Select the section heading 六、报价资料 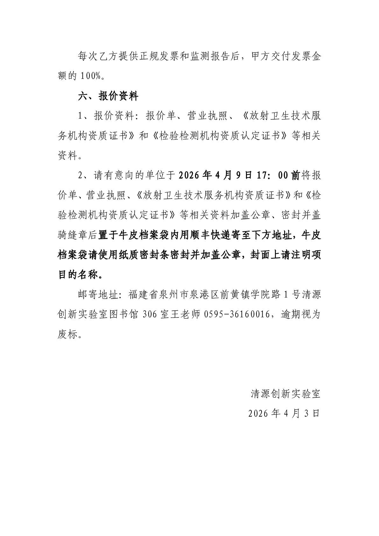108,96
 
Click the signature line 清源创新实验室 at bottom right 285,394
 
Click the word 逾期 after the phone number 291,315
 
